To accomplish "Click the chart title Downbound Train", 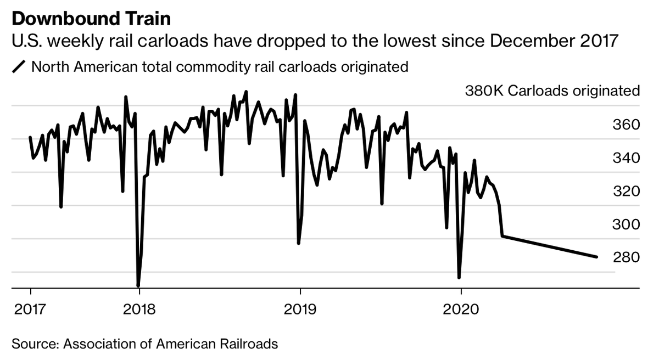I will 91,19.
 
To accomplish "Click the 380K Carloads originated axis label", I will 552,91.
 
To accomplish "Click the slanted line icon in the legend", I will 19,67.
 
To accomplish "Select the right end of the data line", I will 596,257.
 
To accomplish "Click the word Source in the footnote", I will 34,345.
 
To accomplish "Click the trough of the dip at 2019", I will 299,243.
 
